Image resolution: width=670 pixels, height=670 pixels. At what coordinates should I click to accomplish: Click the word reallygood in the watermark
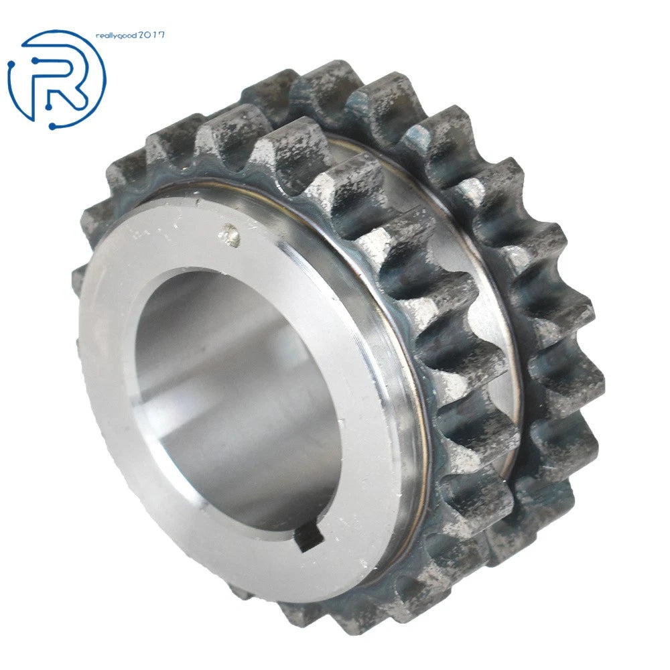(116, 36)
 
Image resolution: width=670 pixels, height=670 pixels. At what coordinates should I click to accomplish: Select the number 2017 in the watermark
(151, 35)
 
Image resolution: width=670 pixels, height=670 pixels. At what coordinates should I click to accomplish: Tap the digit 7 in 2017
(161, 35)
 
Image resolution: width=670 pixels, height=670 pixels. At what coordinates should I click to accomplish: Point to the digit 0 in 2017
(148, 35)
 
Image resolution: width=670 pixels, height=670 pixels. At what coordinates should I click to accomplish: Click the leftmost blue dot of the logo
(11, 66)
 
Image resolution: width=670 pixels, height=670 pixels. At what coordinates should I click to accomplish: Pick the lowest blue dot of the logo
(52, 126)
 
